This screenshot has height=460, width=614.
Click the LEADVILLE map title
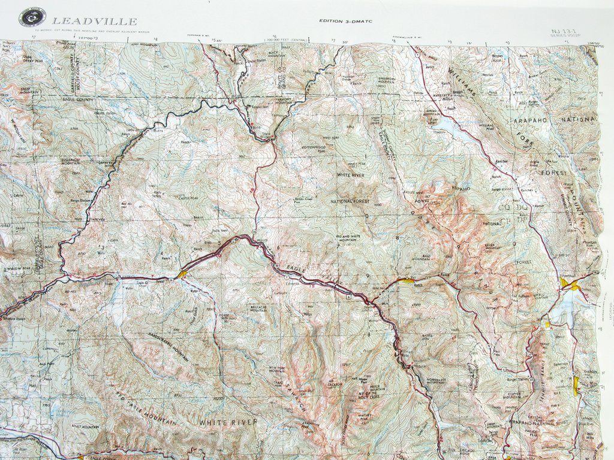(x=94, y=22)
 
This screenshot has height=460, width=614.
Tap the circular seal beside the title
(x=32, y=17)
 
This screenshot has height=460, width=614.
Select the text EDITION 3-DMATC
(x=345, y=21)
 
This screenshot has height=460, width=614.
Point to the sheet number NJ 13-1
(x=562, y=31)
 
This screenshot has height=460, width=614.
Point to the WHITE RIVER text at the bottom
(x=228, y=422)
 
